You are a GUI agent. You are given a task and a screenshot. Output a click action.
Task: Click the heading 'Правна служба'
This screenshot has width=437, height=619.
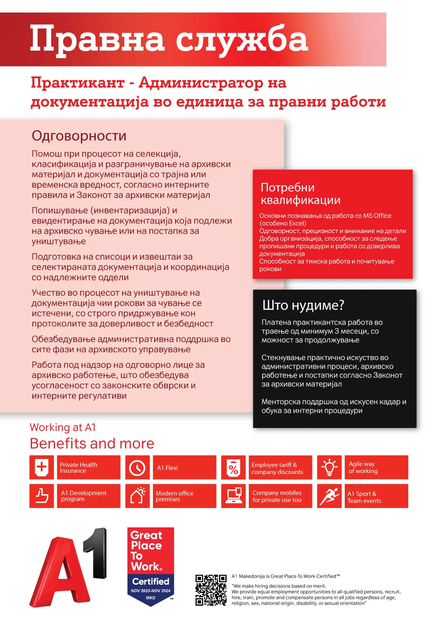169,40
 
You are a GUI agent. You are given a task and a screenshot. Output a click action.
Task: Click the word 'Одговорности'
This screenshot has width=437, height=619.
79,136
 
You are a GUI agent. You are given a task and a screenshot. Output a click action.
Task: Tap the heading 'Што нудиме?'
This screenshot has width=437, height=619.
303,305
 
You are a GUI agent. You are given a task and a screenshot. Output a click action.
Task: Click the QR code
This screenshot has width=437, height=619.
211,590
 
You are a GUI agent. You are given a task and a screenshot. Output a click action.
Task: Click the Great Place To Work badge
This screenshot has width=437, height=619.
151,566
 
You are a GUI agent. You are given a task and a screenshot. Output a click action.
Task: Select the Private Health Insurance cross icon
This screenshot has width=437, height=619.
42,467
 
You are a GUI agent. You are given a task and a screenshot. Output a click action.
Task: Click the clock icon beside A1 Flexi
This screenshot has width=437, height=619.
137,468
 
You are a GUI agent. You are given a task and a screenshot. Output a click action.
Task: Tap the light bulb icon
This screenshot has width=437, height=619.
329,467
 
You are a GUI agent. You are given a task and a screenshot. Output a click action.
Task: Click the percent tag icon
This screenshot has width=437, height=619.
233,468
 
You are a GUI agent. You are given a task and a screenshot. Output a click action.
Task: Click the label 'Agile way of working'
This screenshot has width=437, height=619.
363,467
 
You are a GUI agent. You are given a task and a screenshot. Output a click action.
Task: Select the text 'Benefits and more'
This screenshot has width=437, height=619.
92,444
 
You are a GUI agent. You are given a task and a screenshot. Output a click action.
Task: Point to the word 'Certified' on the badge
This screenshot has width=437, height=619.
151,581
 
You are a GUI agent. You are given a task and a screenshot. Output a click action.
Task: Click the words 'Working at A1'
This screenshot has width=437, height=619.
63,427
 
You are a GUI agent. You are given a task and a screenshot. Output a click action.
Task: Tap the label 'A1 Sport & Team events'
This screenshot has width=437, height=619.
364,497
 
